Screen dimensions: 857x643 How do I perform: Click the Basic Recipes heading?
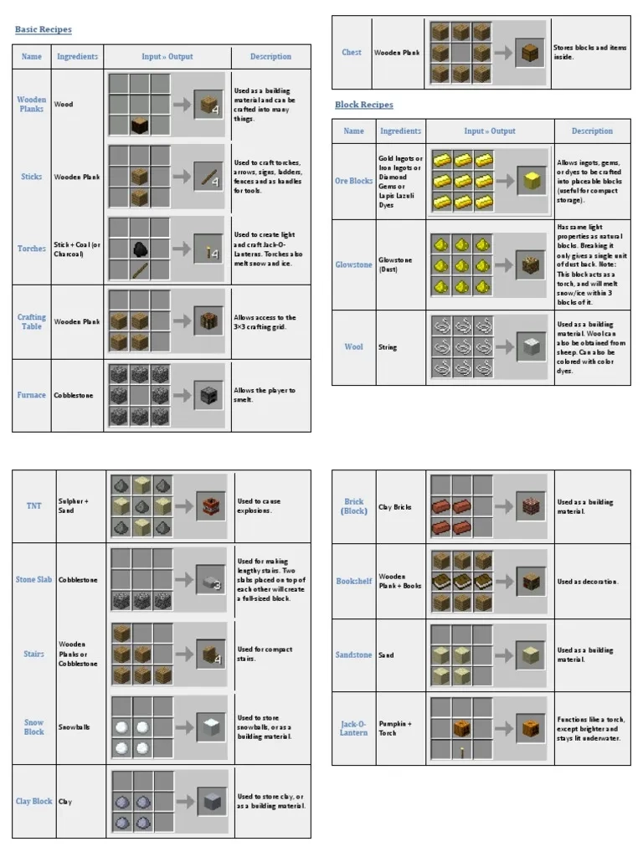tap(44, 30)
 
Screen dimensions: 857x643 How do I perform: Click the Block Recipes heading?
tap(364, 105)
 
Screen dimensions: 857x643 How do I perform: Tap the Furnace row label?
tap(32, 395)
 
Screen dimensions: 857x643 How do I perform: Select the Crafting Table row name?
tap(32, 321)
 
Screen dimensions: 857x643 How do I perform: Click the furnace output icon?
tap(208, 396)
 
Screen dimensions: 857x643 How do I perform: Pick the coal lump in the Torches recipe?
tap(140, 249)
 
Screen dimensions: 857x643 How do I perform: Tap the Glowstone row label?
tap(353, 264)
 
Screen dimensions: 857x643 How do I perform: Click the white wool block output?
tap(529, 346)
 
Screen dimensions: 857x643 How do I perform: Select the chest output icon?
tap(529, 53)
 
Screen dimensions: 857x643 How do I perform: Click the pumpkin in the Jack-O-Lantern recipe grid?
tap(461, 728)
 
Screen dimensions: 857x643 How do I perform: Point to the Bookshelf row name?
tap(354, 581)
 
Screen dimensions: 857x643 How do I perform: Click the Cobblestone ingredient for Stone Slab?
tap(78, 580)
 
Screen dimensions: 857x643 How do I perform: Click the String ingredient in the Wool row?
tap(388, 346)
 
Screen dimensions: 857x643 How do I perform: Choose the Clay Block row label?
tap(34, 801)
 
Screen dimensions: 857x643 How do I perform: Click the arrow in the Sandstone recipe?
tap(503, 654)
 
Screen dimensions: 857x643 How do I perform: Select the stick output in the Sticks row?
tap(208, 177)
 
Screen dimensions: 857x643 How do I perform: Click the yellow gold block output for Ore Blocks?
tap(529, 181)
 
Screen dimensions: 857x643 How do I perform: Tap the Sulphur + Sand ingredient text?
tap(74, 505)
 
